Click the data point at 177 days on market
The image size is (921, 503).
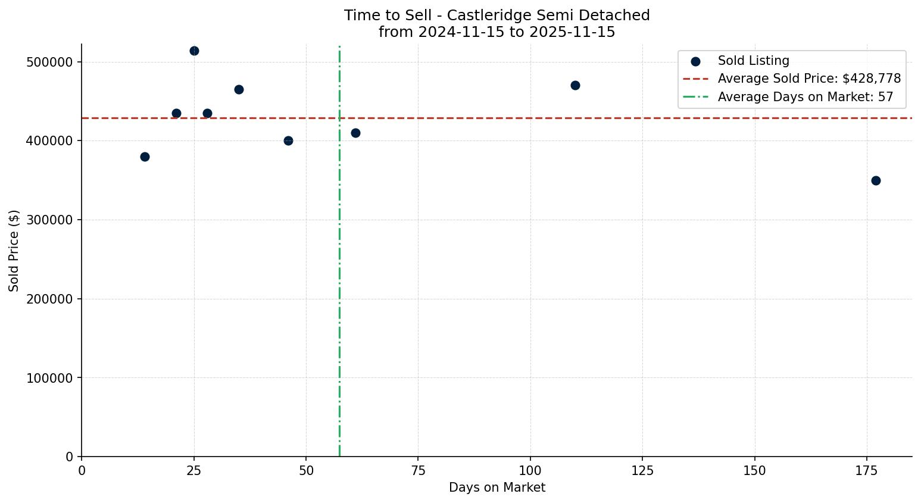(x=875, y=180)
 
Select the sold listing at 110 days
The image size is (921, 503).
(x=575, y=85)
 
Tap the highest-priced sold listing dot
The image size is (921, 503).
(x=194, y=51)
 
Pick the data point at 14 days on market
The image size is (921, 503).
(x=145, y=157)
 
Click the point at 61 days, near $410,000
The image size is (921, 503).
(x=355, y=133)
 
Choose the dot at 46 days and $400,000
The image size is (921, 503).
(x=288, y=140)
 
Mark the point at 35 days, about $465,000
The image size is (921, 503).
(x=239, y=89)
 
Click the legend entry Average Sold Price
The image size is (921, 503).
(x=808, y=79)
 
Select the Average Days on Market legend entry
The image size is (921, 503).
(x=805, y=96)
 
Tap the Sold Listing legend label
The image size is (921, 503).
(x=753, y=61)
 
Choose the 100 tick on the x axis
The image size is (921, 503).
(x=530, y=470)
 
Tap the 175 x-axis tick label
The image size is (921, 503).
(x=866, y=470)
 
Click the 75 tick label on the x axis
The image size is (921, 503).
(x=418, y=470)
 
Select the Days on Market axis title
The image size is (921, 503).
(x=497, y=488)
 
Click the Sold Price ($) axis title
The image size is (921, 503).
(x=14, y=250)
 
